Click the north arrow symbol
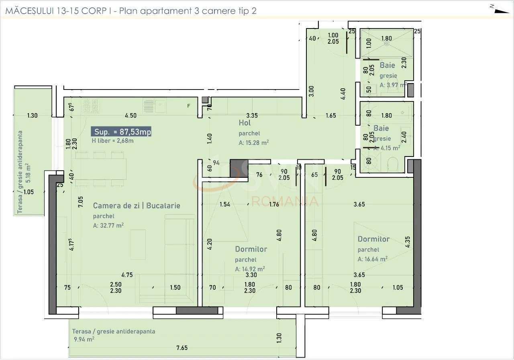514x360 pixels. [499, 9]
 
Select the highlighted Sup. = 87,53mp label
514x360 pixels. [122, 132]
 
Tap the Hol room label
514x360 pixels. [245, 123]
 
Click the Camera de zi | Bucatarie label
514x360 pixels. [137, 205]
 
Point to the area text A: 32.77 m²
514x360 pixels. [108, 225]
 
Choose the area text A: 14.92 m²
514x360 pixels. [250, 269]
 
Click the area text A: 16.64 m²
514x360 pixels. [373, 259]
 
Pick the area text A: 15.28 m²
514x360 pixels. [254, 142]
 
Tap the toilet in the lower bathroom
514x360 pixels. [393, 164]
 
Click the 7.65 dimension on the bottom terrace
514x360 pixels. [182, 348]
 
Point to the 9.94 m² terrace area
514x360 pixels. [84, 339]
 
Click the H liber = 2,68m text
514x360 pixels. [113, 140]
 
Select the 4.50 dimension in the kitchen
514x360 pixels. [131, 116]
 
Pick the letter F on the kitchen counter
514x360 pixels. [188, 106]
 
